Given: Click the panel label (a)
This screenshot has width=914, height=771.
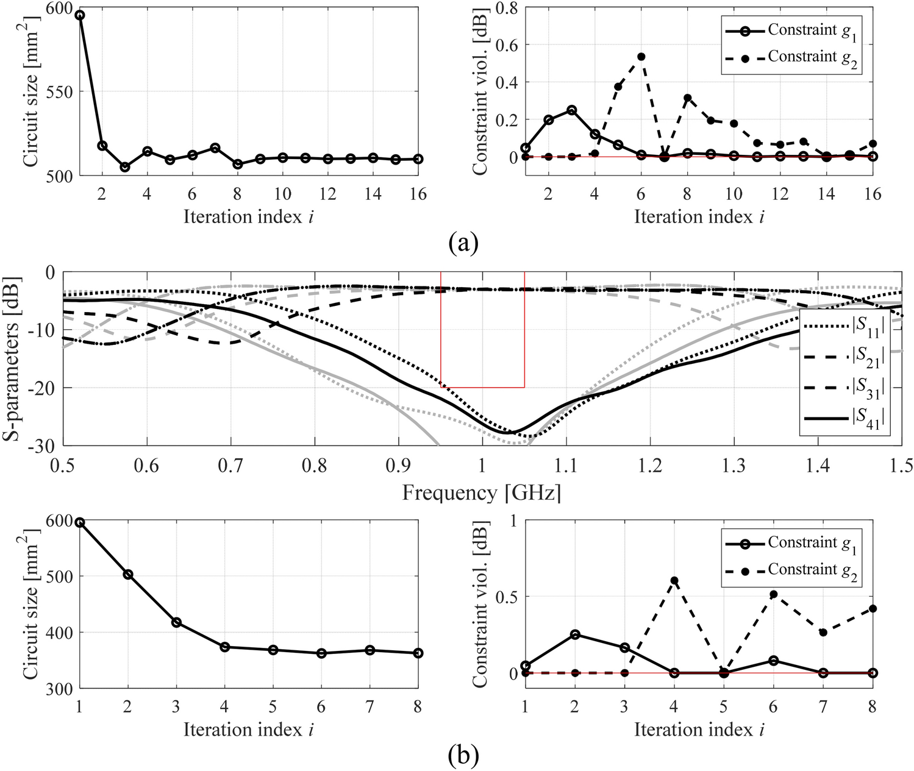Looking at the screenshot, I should point(463,243).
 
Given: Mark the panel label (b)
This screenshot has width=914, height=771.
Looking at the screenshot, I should point(463,756).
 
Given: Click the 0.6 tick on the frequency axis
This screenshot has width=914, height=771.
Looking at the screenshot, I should point(146,466).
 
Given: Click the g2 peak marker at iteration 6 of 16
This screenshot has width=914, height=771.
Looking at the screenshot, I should point(641,57).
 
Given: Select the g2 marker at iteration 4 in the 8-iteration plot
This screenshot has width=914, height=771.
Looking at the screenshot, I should point(674,581).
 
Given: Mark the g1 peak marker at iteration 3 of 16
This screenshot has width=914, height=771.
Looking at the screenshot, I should point(571,110).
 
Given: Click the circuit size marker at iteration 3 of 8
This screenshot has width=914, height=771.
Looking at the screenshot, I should point(176,622).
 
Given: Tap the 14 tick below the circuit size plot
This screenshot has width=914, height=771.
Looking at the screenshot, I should point(373,194).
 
